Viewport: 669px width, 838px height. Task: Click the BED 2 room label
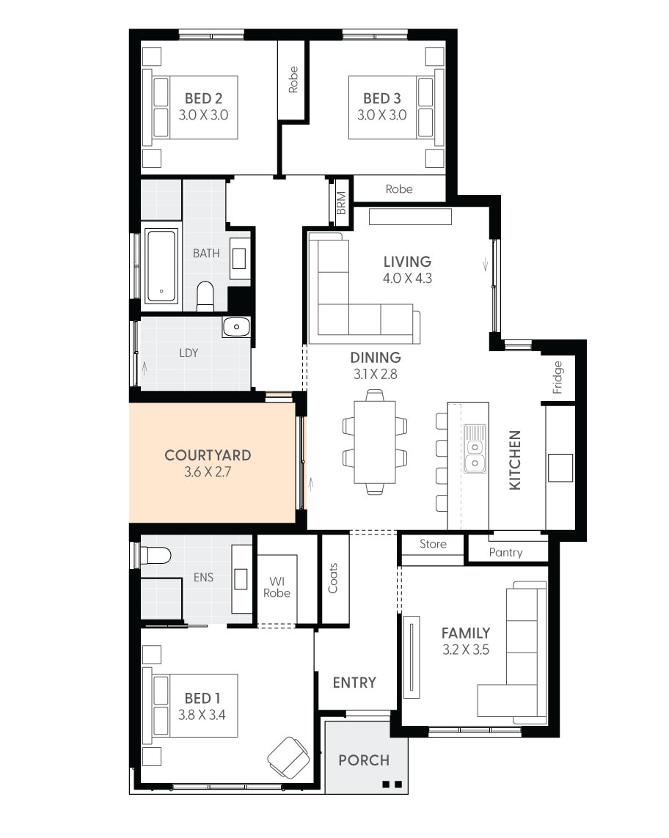(x=204, y=98)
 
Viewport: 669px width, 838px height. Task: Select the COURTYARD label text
(x=208, y=455)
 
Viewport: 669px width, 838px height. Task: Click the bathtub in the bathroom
(x=161, y=266)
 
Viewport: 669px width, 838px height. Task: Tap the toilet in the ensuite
(x=156, y=556)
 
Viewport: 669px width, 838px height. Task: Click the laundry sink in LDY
(x=236, y=327)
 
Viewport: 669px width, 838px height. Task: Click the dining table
(x=374, y=442)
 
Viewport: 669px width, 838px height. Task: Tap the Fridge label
(x=558, y=377)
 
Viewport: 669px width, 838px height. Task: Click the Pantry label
(x=506, y=552)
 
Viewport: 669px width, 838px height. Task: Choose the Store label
(x=433, y=544)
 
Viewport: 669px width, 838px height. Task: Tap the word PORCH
(x=364, y=760)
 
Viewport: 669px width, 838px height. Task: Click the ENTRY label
(x=354, y=682)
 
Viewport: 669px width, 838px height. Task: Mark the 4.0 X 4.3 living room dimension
(x=407, y=279)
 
